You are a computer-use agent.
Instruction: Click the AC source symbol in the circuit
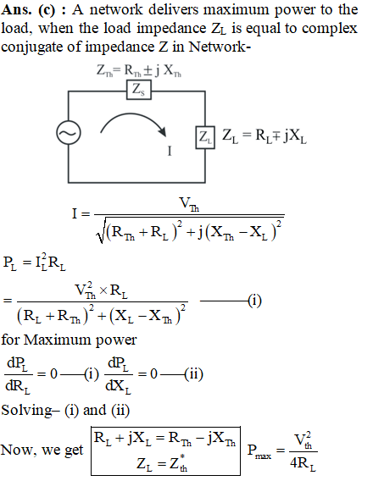(x=69, y=133)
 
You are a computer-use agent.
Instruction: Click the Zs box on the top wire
(x=139, y=90)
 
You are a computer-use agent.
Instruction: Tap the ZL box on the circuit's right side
(x=205, y=137)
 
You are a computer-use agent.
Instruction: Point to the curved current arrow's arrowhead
(x=163, y=131)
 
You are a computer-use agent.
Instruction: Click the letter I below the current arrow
(x=170, y=151)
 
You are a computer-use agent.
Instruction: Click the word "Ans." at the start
(x=17, y=10)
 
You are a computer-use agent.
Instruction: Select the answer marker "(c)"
(x=47, y=10)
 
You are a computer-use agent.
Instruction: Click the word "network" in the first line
(x=116, y=10)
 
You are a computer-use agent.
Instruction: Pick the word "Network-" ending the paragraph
(x=220, y=47)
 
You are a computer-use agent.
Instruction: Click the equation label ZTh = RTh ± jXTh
(x=139, y=70)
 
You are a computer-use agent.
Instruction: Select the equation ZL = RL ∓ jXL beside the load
(x=264, y=136)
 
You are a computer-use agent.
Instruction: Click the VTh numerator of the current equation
(x=189, y=204)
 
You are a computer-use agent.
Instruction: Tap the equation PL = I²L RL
(x=35, y=263)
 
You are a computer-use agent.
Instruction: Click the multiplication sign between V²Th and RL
(x=103, y=290)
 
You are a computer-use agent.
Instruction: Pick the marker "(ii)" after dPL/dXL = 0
(x=194, y=374)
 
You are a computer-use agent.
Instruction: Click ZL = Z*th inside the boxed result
(x=162, y=463)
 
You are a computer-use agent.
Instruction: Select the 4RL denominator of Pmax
(x=303, y=463)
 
